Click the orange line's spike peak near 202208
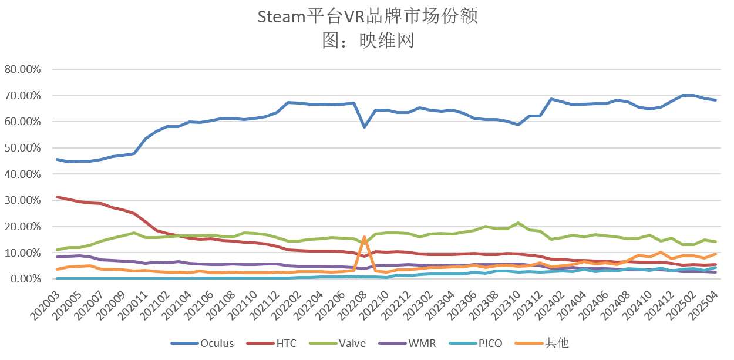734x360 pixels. click(x=365, y=237)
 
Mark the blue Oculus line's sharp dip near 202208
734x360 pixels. click(x=365, y=127)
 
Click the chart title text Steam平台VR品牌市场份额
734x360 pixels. click(x=368, y=16)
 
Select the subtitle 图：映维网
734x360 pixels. click(x=368, y=40)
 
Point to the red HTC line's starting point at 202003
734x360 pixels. click(x=57, y=197)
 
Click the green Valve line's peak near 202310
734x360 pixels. click(x=518, y=223)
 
